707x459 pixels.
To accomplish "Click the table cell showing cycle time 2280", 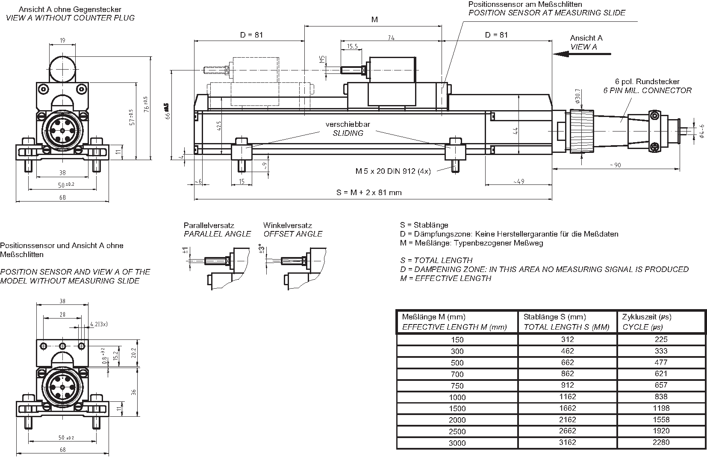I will (x=661, y=442).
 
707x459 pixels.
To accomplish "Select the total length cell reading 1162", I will (x=567, y=397).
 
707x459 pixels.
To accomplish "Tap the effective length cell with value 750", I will (x=457, y=386).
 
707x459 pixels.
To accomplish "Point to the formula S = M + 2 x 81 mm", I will (x=369, y=193).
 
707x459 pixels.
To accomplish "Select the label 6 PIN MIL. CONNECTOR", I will (x=647, y=91).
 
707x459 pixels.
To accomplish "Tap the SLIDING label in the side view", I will (x=348, y=133).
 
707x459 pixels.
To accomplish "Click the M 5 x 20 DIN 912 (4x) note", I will (x=393, y=171).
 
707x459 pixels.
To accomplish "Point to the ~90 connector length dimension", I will (x=616, y=165).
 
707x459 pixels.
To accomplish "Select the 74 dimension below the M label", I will (x=391, y=38).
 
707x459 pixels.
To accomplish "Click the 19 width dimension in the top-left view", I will (x=62, y=41).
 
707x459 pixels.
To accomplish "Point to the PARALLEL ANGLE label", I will (x=217, y=234).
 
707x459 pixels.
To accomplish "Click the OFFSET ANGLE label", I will (x=293, y=234).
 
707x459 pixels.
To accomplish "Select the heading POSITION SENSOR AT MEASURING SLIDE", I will (x=547, y=13).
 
